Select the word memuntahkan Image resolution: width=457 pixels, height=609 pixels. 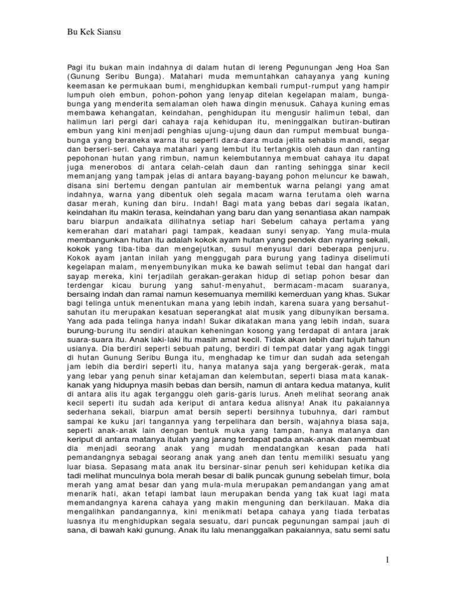tap(220, 78)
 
